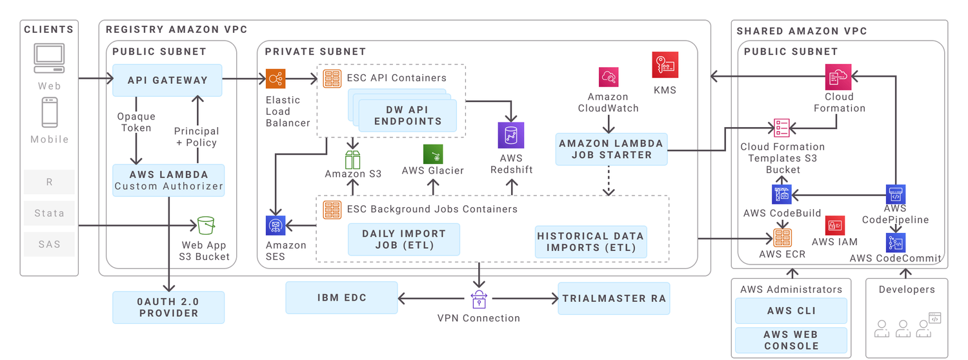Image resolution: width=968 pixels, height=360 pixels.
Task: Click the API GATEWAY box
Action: pyautogui.click(x=167, y=80)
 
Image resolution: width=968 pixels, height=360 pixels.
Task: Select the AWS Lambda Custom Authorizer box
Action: pyautogui.click(x=168, y=180)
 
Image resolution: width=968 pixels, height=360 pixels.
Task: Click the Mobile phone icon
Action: pyautogui.click(x=50, y=112)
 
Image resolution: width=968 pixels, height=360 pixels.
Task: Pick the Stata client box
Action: pyautogui.click(x=50, y=213)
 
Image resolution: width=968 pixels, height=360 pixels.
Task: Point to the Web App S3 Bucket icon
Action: pyautogui.click(x=206, y=226)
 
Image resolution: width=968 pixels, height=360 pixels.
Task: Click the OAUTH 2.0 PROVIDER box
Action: pyautogui.click(x=168, y=307)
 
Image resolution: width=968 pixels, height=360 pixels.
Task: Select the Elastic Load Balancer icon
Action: pyautogui.click(x=276, y=79)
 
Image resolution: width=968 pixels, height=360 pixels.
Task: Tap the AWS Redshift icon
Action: pyautogui.click(x=510, y=135)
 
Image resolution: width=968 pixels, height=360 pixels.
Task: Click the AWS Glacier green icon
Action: pyautogui.click(x=433, y=154)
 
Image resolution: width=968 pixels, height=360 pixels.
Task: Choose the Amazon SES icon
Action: pyautogui.click(x=276, y=225)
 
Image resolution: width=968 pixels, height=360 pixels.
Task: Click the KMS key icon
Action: pyautogui.click(x=665, y=65)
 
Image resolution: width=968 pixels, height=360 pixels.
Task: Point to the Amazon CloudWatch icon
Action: pyautogui.click(x=608, y=78)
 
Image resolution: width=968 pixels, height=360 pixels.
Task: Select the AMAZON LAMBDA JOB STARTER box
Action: pyautogui.click(x=611, y=149)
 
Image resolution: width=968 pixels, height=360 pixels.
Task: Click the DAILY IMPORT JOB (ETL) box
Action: pyautogui.click(x=404, y=239)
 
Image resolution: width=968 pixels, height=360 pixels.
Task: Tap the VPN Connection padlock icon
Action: pyautogui.click(x=478, y=299)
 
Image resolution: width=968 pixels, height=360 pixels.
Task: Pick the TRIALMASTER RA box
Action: pyautogui.click(x=614, y=298)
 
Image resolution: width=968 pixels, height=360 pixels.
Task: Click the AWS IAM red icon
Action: pyautogui.click(x=835, y=225)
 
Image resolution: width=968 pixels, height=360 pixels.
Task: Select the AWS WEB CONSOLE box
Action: pyautogui.click(x=791, y=340)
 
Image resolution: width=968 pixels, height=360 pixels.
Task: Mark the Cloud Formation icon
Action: pyautogui.click(x=839, y=78)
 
